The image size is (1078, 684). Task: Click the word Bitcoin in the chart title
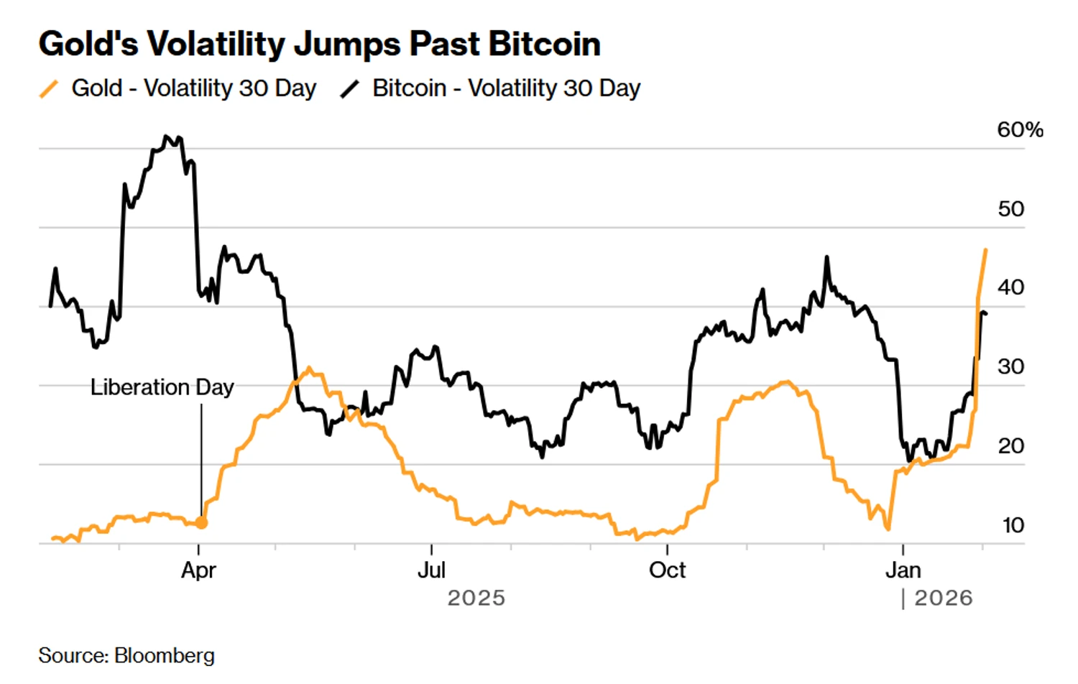click(x=544, y=44)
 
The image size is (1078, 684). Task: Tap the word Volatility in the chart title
click(x=216, y=44)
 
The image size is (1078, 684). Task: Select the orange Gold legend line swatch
click(x=49, y=89)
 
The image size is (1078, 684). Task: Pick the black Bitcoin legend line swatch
click(x=350, y=89)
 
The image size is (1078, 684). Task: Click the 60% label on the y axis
click(x=1019, y=130)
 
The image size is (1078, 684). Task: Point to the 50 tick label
click(x=1010, y=209)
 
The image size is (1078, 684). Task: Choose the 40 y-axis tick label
click(x=1010, y=287)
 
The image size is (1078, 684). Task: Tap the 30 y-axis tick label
click(x=1010, y=366)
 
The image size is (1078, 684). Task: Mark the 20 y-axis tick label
click(x=1010, y=445)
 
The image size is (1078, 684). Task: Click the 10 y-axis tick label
click(x=1013, y=525)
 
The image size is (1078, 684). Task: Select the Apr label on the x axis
click(x=198, y=570)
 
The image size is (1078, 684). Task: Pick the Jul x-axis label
click(x=431, y=570)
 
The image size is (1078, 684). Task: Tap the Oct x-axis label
click(x=667, y=570)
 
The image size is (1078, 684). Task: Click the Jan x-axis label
click(x=903, y=570)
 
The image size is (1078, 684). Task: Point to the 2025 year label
click(x=476, y=598)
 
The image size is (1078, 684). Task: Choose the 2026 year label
click(x=943, y=598)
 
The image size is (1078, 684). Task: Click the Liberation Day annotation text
click(x=162, y=387)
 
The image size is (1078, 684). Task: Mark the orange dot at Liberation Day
click(x=202, y=523)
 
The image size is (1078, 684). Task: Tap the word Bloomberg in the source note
click(x=165, y=655)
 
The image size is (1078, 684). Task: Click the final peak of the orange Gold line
click(x=985, y=250)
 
